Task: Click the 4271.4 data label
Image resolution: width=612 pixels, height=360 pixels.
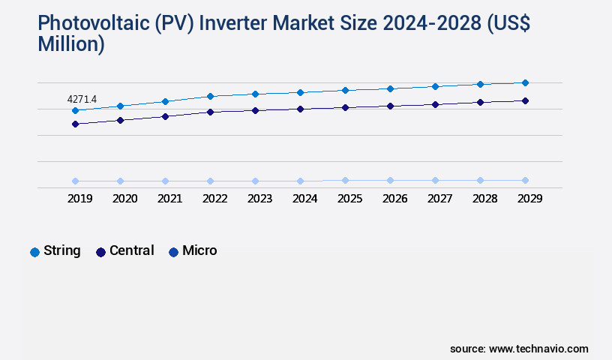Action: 82,99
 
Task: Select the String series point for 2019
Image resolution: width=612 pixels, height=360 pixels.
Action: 75,111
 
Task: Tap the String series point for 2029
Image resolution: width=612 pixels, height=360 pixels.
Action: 525,82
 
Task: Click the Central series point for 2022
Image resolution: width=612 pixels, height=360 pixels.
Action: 210,112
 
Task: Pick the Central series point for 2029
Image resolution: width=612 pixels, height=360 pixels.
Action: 525,100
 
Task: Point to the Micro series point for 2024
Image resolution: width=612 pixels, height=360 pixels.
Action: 300,181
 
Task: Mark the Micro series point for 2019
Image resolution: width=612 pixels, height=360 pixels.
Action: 75,181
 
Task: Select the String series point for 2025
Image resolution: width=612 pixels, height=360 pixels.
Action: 345,90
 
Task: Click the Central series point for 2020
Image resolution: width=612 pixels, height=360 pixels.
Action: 120,120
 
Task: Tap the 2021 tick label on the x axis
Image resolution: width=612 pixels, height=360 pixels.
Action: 169,199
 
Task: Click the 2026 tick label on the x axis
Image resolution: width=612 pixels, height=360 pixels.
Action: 394,199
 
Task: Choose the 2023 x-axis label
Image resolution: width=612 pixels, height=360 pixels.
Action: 259,199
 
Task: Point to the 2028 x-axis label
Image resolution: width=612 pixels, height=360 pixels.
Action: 484,199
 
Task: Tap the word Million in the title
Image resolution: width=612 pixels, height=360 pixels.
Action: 71,44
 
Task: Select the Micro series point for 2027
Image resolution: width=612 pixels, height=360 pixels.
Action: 435,180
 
